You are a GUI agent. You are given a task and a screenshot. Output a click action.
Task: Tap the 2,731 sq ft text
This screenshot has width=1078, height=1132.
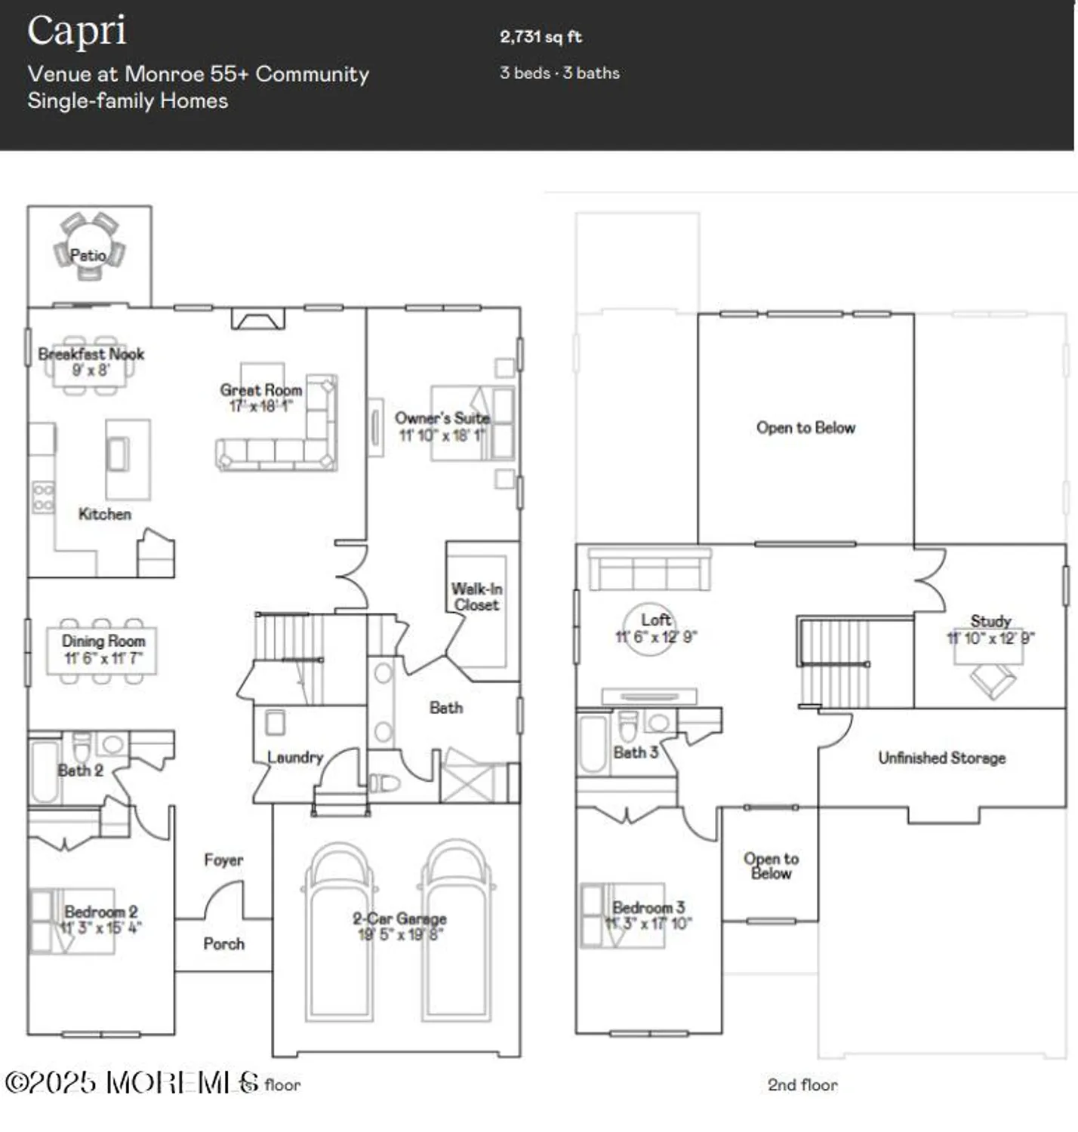(541, 37)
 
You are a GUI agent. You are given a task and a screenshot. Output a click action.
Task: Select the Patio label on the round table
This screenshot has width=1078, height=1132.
(88, 255)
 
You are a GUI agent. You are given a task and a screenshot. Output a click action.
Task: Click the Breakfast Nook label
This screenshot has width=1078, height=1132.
(91, 354)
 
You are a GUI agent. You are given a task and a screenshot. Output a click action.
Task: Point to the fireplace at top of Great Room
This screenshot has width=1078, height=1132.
(258, 319)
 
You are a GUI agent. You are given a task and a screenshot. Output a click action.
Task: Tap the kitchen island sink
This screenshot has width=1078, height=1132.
(118, 454)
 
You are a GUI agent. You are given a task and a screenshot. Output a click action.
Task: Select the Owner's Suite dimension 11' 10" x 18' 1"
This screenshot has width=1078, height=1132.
(442, 435)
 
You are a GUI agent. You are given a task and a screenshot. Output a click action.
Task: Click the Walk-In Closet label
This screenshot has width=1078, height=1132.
(476, 596)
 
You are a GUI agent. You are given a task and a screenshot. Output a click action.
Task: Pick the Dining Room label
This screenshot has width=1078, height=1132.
(103, 641)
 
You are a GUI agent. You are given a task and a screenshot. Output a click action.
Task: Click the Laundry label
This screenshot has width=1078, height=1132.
(295, 757)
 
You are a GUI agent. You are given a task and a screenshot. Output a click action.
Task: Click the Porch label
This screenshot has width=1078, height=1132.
(223, 943)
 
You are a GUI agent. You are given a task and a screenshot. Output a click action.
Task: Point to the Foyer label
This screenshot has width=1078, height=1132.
(223, 860)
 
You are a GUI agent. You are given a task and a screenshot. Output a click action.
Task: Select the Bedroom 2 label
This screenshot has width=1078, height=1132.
(100, 912)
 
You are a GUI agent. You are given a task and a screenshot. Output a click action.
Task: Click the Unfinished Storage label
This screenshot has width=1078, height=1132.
(941, 758)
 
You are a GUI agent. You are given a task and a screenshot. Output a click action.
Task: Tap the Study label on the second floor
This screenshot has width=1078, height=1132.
(990, 621)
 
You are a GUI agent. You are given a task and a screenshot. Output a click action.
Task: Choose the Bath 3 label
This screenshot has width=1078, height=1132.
(636, 752)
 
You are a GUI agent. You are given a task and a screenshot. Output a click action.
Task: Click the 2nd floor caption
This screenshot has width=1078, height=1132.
(802, 1084)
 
